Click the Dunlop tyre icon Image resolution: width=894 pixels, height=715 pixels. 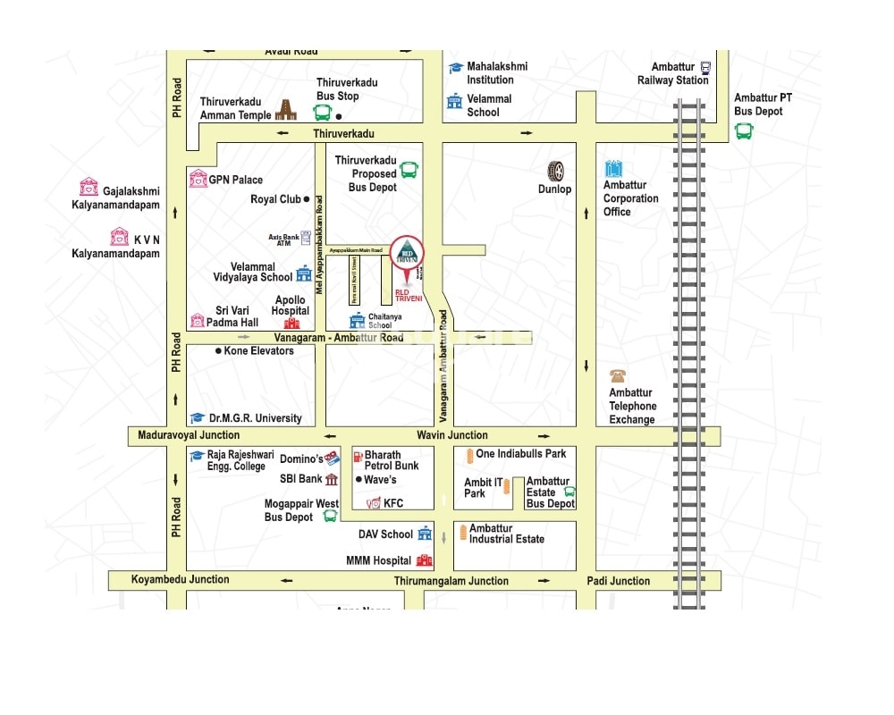pos(556,171)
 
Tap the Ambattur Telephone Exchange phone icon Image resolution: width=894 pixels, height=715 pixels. pos(618,376)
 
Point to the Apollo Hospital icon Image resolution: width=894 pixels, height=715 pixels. pos(291,323)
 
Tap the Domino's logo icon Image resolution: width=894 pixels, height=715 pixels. pos(333,458)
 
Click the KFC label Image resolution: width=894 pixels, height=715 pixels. pos(393,503)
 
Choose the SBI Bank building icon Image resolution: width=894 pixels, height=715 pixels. pos(332,479)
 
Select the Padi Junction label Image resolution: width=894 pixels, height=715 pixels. pos(619,581)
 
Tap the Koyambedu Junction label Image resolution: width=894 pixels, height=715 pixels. pos(181,579)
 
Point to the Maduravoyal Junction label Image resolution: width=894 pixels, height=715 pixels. pos(189,435)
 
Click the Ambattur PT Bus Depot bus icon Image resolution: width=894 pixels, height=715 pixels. pos(744,130)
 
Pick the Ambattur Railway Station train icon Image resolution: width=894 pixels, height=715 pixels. pos(705,67)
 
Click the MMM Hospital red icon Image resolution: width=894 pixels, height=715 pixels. pos(424,561)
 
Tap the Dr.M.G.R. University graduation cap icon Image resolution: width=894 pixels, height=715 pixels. pos(198,418)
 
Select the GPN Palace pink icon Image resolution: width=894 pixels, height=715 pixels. pos(198,180)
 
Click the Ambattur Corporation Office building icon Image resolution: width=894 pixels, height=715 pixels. pos(613,169)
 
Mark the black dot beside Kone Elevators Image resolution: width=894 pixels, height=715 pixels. pos(218,351)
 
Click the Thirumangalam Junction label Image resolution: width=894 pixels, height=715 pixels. pos(451,581)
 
